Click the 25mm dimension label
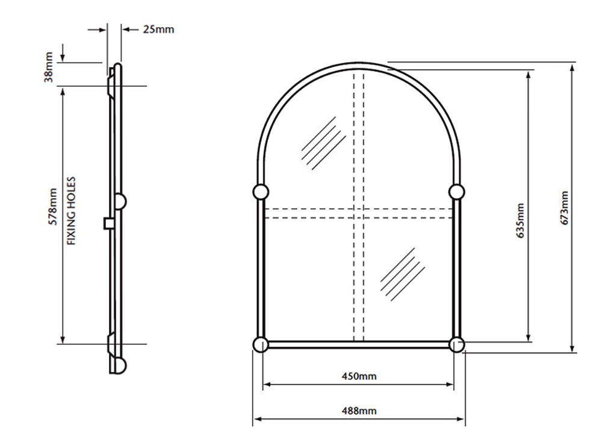click(x=158, y=29)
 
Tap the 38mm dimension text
click(x=49, y=67)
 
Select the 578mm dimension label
click(x=52, y=206)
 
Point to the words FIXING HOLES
click(x=72, y=211)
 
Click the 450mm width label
click(x=359, y=376)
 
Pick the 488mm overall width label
click(x=359, y=411)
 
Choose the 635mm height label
click(x=520, y=221)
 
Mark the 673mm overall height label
click(x=565, y=208)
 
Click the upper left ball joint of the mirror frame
click(x=261, y=191)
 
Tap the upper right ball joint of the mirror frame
click(x=456, y=191)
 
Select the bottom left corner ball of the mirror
click(x=260, y=344)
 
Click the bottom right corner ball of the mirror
click(x=456, y=345)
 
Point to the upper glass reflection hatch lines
click(x=324, y=143)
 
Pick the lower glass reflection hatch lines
click(x=402, y=274)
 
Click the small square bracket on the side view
click(x=108, y=223)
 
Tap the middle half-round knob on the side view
click(x=120, y=201)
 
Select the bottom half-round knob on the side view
click(x=120, y=365)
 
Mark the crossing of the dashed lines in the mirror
click(x=359, y=214)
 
